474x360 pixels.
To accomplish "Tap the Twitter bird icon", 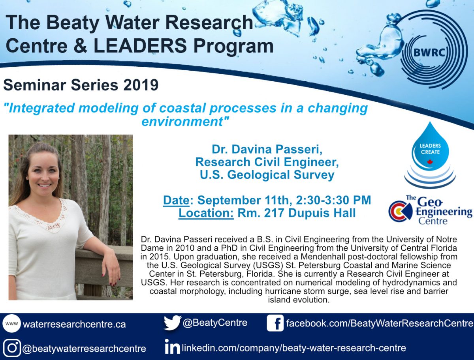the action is [172, 323].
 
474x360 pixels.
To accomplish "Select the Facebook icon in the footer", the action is [275, 323].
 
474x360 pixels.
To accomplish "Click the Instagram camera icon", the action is [12, 348].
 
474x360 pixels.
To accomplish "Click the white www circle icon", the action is [12, 323].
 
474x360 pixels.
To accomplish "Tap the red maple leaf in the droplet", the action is [430, 162].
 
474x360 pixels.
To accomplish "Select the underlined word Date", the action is [176, 200].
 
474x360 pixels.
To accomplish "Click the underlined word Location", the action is [206, 213].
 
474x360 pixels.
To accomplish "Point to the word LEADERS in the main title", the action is [140, 46].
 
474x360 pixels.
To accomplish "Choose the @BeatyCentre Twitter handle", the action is [215, 322].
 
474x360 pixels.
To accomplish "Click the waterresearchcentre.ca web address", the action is [74, 324].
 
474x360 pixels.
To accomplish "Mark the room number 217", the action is [275, 213].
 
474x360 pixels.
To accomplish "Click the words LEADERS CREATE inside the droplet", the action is [430, 149].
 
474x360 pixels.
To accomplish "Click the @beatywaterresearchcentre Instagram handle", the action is [84, 349].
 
